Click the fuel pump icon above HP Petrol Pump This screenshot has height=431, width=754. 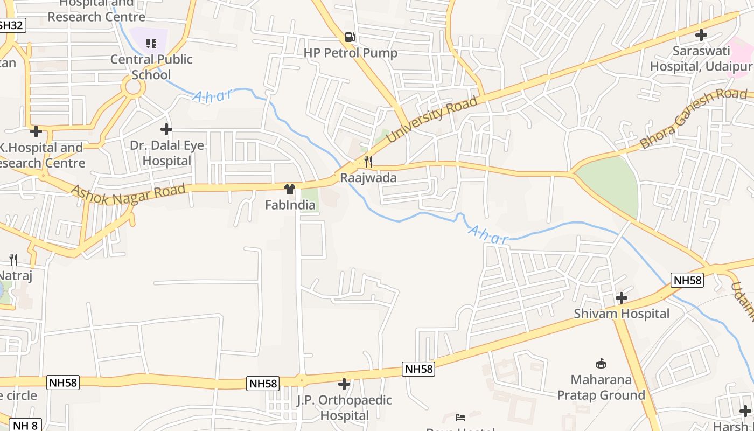click(350, 37)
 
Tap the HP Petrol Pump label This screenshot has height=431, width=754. click(351, 53)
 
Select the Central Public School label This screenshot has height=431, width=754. click(151, 67)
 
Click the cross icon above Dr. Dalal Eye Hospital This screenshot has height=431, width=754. click(166, 129)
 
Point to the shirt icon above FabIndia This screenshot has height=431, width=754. click(290, 189)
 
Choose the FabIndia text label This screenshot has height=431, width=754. click(290, 205)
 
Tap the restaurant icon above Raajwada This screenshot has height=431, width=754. click(368, 161)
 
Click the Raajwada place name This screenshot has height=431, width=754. click(368, 178)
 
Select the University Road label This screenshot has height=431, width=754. click(432, 120)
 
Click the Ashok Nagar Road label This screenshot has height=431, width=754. click(128, 194)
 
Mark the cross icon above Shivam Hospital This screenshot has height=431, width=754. click(622, 298)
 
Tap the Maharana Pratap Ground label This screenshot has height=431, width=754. click(601, 387)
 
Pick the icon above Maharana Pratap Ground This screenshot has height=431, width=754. click(601, 363)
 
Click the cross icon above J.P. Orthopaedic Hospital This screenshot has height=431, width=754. click(344, 384)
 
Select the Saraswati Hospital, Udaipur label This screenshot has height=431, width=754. click(701, 59)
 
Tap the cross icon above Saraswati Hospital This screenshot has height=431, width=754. click(701, 36)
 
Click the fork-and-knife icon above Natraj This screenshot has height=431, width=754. click(13, 260)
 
